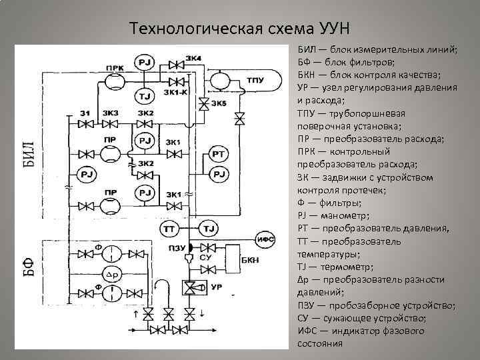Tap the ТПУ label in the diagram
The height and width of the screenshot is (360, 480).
coord(255,81)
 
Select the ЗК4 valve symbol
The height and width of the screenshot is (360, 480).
coord(177,65)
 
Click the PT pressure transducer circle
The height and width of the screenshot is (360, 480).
coord(218,155)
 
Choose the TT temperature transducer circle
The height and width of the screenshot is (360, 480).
coord(168,229)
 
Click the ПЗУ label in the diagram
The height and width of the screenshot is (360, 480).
coord(176,248)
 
